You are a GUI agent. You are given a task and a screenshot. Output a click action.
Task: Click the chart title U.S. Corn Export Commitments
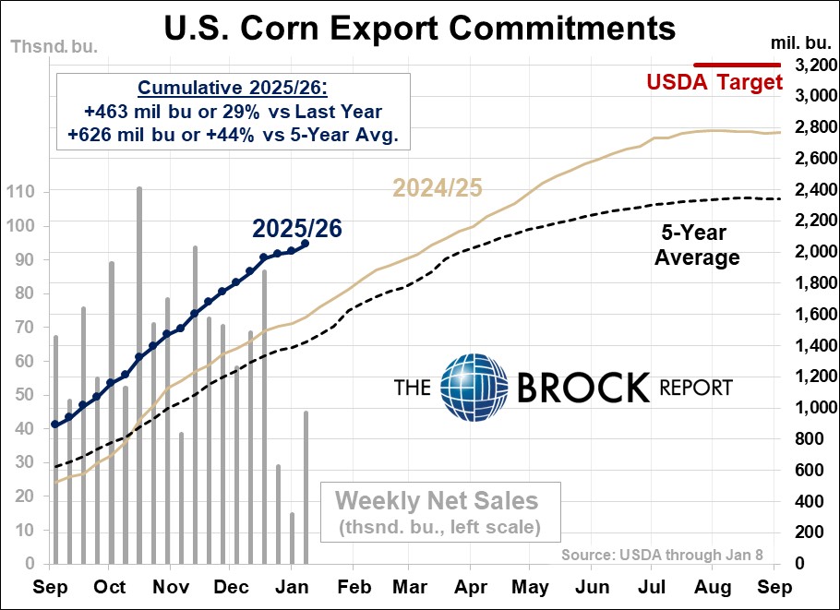tap(419, 28)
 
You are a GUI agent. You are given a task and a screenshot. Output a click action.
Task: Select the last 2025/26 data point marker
tap(306, 244)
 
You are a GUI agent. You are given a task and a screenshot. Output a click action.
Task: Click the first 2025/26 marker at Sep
tap(54, 425)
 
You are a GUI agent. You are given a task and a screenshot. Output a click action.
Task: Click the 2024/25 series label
tap(437, 187)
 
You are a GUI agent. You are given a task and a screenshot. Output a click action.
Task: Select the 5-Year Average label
tap(697, 245)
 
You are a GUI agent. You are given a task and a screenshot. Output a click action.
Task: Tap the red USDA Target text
tap(714, 82)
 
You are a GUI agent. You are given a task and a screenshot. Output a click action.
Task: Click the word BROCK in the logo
tap(582, 388)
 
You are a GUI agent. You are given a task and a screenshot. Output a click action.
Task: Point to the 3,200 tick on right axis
tap(805, 65)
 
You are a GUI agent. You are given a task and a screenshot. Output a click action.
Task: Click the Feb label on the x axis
tap(354, 587)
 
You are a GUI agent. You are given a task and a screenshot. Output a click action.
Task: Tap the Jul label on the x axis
tap(653, 587)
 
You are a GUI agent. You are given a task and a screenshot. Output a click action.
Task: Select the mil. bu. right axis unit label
tap(800, 43)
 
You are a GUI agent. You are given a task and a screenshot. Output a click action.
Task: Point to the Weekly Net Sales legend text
tap(437, 501)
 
